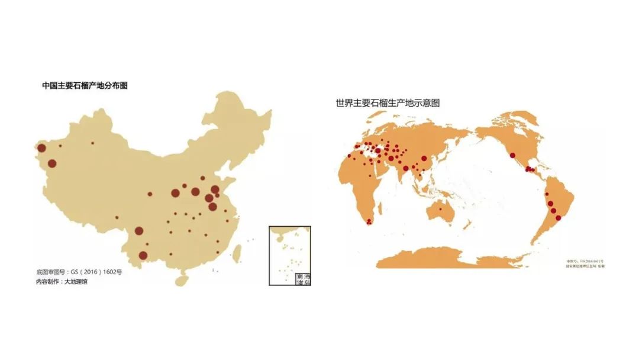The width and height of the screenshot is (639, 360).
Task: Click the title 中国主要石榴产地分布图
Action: tap(85, 85)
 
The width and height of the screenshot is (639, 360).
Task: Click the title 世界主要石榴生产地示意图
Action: tap(388, 103)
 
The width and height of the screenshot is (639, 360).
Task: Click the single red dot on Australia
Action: tap(440, 209)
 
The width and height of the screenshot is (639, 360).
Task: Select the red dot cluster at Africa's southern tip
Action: tap(370, 222)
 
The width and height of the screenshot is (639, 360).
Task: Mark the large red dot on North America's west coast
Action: tap(512, 155)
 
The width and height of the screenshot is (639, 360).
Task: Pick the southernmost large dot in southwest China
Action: tap(143, 255)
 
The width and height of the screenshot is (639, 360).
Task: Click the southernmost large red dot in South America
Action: tap(558, 218)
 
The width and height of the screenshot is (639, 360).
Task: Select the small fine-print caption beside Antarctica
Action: tap(586, 263)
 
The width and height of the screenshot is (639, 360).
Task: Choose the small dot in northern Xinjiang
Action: tap(92, 143)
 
